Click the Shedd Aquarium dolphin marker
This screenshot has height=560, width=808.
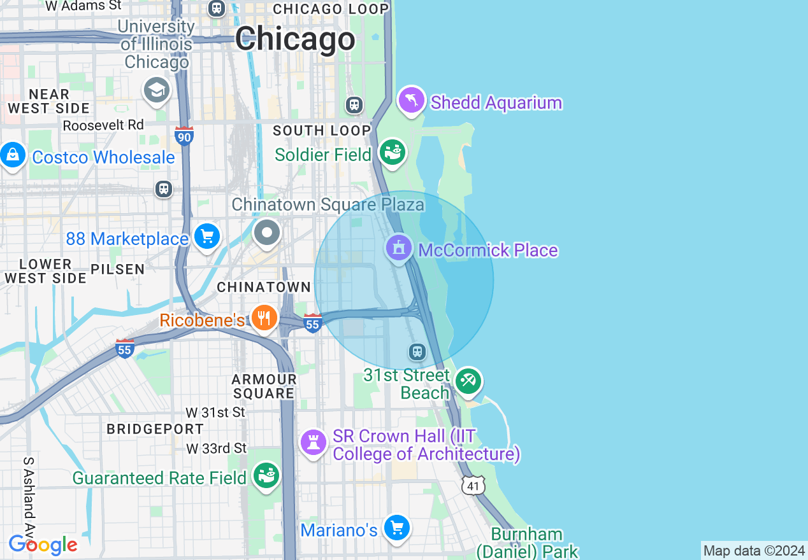[412, 100]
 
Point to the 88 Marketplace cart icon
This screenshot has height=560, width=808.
[206, 237]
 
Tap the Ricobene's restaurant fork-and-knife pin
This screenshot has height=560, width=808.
[263, 318]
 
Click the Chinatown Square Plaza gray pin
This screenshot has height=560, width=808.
[267, 233]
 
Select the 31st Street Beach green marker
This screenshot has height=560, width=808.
[468, 381]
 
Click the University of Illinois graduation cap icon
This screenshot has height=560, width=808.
[156, 90]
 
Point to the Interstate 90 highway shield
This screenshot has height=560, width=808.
[184, 136]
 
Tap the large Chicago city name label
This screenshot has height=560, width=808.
[295, 39]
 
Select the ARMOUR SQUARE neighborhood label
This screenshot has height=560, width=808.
[264, 386]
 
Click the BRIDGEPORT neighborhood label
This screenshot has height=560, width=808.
[155, 430]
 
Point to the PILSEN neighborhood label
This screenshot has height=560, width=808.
[118, 269]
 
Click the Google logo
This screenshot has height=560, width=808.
[43, 545]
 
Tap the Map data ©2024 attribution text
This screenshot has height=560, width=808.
[754, 550]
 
